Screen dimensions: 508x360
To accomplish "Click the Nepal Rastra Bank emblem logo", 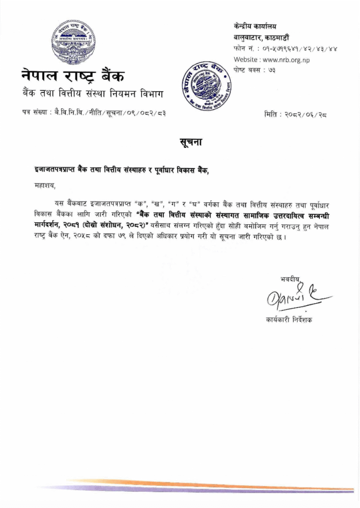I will click(x=73, y=40).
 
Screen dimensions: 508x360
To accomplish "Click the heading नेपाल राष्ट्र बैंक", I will click(x=73, y=76).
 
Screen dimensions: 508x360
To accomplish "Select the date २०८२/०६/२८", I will click(x=306, y=114).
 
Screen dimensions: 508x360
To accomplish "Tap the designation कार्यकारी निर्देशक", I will click(x=289, y=319).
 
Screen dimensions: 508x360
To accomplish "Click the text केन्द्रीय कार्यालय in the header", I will click(x=255, y=26).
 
